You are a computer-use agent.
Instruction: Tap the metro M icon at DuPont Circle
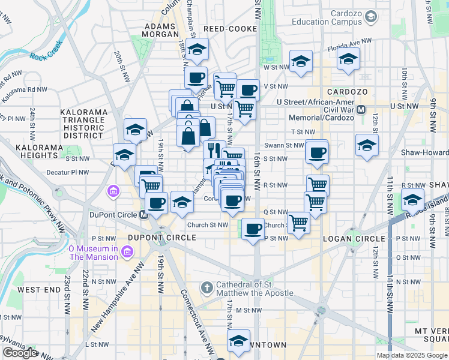143,214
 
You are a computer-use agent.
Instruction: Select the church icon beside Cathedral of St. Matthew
206,287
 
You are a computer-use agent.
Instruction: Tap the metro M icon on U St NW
361,110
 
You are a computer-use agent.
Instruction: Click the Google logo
21,353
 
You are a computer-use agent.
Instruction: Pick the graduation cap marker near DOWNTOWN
238,341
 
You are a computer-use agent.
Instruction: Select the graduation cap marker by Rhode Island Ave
412,200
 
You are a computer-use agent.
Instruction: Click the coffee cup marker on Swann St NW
316,152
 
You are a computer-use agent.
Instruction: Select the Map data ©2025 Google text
411,355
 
